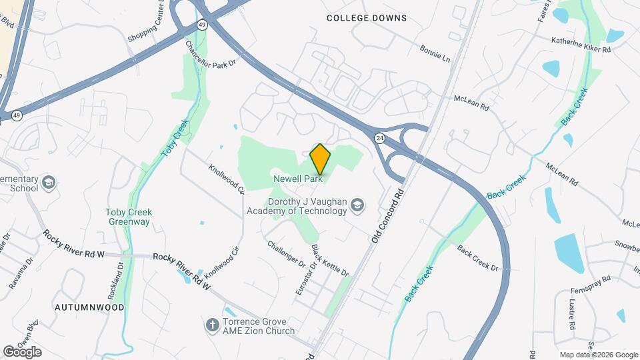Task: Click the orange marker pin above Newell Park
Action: coord(320,159)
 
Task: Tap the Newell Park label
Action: coord(298,179)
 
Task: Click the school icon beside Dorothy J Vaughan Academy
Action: coord(357,205)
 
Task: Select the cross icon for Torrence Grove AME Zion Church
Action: coord(213,325)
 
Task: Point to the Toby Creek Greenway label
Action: coord(129,217)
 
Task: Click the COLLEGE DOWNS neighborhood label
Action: coord(366,18)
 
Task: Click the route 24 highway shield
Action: coord(379,138)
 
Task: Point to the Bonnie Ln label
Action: coord(435,53)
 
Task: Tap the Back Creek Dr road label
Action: coord(477,258)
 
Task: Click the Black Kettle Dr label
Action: coord(330,261)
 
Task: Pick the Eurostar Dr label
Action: coord(303,279)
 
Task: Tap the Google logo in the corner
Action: coord(22,351)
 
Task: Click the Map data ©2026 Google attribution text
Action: coord(597,355)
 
